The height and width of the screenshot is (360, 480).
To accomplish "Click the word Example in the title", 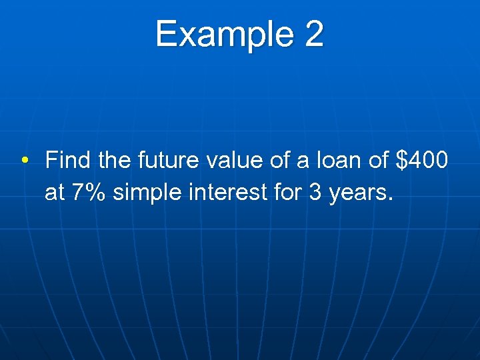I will [224, 35].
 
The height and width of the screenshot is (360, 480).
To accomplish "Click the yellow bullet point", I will [25, 161].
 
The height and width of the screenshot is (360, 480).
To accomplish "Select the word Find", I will [69, 161].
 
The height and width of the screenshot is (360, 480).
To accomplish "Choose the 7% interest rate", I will [89, 193].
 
